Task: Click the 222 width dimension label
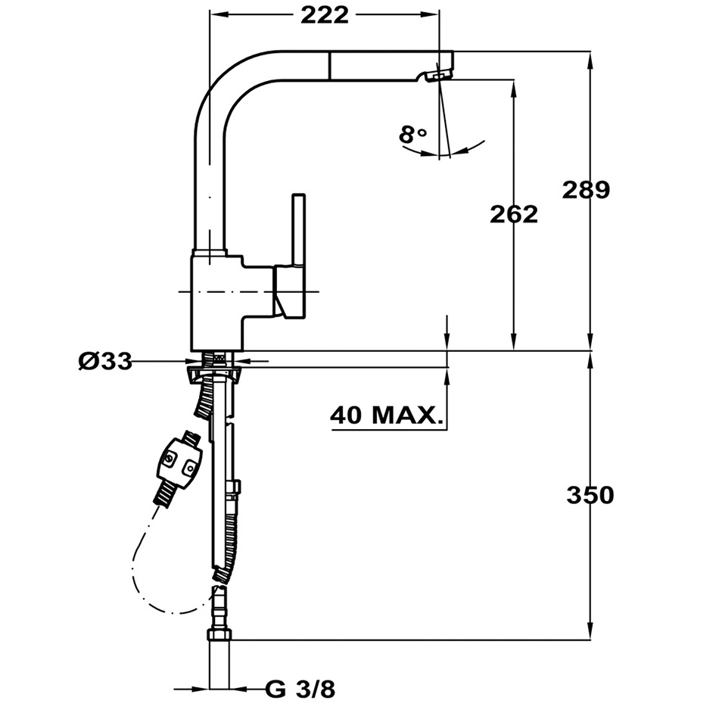(325, 16)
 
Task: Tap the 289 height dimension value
(586, 190)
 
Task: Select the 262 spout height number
(514, 214)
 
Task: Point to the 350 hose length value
(590, 495)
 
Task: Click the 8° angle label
(412, 135)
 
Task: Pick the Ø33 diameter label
(105, 361)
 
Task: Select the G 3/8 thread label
(300, 689)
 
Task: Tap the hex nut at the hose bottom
(219, 635)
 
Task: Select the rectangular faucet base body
(216, 303)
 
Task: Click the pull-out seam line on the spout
(328, 65)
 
